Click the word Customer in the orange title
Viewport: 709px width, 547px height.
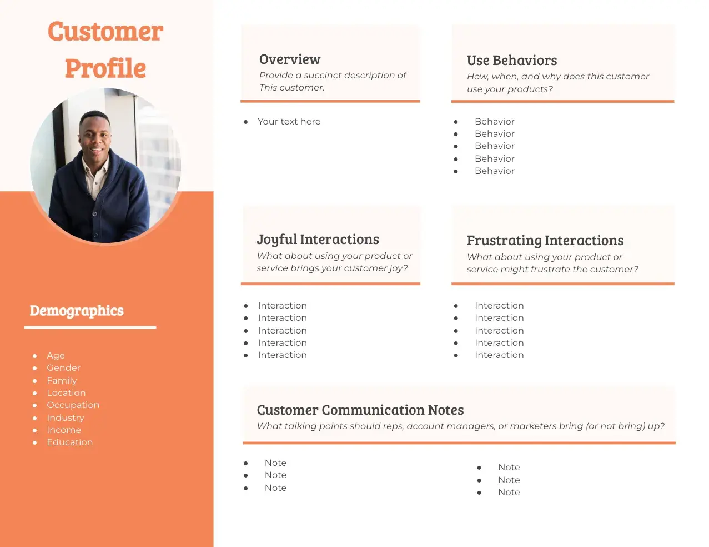coord(105,31)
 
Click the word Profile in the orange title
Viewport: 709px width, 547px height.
coord(105,68)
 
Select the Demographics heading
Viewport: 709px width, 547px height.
coord(77,311)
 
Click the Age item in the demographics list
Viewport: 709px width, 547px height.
coord(56,356)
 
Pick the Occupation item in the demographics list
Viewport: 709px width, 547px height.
coord(73,405)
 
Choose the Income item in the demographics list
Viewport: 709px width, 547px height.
coord(64,430)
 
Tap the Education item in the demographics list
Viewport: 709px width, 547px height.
coord(69,442)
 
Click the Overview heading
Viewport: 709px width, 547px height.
coord(290,59)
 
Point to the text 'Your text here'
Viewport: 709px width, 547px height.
coord(289,122)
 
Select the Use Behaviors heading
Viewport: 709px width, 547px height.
coord(512,61)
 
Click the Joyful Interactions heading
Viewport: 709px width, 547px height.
coord(318,240)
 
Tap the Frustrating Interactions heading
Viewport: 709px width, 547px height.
coord(545,241)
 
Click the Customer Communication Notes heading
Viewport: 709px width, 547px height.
coord(360,410)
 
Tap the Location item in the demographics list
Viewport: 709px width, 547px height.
coord(66,393)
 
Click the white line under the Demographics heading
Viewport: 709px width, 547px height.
coord(90,327)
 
